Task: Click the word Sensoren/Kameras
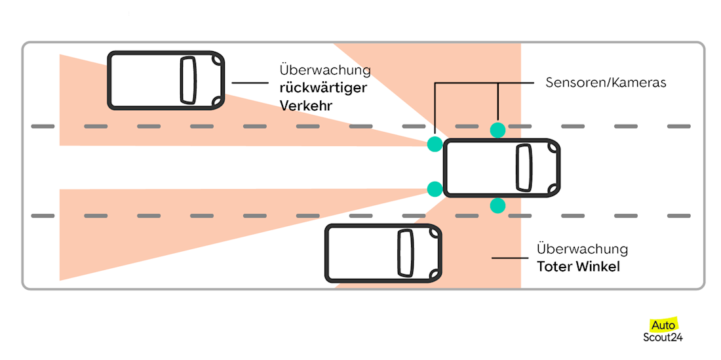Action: (x=606, y=83)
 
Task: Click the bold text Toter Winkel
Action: (x=578, y=267)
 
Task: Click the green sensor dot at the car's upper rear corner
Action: (x=435, y=144)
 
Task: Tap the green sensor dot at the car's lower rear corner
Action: (x=435, y=190)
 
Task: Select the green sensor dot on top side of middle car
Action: (x=498, y=129)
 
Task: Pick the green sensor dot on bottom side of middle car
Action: (x=498, y=206)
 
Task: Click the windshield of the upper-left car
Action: (x=188, y=80)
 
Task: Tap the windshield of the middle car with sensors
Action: (x=524, y=167)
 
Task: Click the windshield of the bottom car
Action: (x=406, y=253)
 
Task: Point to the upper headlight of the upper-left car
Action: (x=217, y=60)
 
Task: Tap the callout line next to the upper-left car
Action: (x=250, y=83)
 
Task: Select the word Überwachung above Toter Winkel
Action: (x=582, y=250)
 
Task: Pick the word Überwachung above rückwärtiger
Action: (x=324, y=70)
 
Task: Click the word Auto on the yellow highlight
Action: (x=663, y=325)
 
